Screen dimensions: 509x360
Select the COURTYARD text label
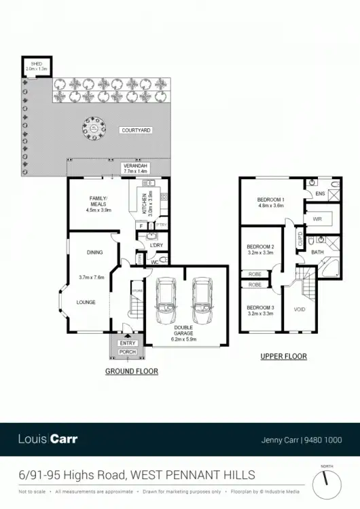click(x=136, y=130)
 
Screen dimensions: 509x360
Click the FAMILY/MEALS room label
click(x=98, y=203)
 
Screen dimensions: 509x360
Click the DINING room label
click(x=94, y=252)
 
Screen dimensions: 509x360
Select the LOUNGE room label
click(x=86, y=302)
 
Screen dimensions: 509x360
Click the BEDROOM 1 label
click(x=270, y=202)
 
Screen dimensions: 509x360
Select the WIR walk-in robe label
click(x=317, y=219)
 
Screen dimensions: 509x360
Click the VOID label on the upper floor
click(x=299, y=309)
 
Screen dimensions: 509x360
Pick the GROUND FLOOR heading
click(x=132, y=371)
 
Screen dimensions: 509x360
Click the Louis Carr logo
click(x=48, y=439)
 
